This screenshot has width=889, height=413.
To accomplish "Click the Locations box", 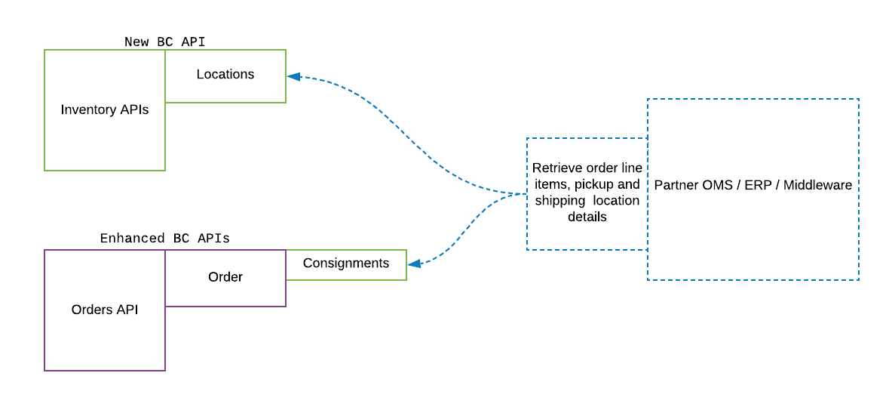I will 225,75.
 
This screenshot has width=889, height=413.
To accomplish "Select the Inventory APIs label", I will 105,110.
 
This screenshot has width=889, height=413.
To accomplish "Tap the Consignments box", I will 346,264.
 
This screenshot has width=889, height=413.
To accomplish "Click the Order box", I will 225,278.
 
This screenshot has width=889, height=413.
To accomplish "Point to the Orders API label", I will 105,310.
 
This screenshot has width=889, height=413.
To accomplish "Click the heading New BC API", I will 164,42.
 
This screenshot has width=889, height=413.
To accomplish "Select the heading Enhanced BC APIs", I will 164,239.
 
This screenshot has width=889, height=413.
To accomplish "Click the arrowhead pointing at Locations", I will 293,76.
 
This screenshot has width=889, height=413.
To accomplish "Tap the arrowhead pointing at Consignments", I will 414,264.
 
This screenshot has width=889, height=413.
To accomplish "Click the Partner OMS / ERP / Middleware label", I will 753,185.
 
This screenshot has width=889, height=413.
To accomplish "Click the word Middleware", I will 817,185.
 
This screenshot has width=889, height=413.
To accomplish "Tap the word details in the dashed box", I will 587,217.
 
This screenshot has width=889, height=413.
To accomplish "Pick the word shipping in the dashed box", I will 559,201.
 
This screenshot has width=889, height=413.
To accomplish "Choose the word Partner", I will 675,185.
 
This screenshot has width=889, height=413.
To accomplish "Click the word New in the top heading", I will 136,42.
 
